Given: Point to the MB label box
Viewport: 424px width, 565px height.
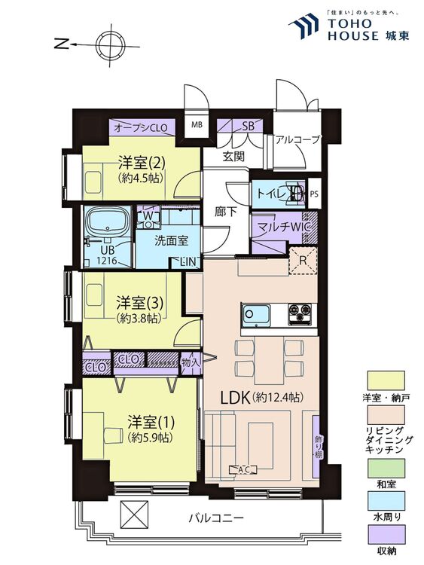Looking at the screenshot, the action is [197, 125].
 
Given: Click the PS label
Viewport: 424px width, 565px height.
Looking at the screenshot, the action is [314, 194].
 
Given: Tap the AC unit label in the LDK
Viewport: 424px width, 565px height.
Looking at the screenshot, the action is [244, 469].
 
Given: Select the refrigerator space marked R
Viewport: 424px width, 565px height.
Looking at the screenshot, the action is [303, 261].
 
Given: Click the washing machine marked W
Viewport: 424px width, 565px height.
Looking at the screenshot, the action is [148, 217].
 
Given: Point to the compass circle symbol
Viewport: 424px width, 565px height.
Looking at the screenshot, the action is [110, 45].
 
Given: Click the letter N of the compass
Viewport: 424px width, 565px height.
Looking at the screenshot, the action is [62, 44].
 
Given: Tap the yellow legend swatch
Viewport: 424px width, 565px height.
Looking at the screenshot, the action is [386, 380].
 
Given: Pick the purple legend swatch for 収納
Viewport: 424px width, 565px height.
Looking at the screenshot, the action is [386, 534].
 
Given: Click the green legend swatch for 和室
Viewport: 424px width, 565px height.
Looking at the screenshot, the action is [386, 468].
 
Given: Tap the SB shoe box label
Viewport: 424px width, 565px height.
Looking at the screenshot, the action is [249, 126].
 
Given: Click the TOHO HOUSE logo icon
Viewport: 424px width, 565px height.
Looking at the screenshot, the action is [305, 25].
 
